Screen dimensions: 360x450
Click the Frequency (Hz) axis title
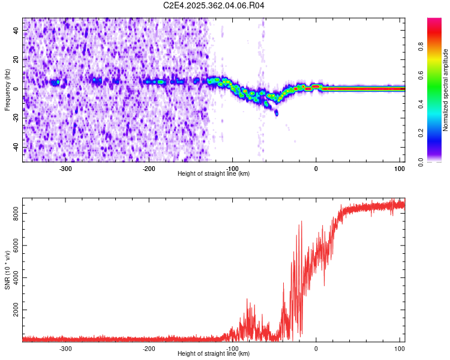click(7, 90)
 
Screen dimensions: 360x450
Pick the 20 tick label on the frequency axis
click(16, 59)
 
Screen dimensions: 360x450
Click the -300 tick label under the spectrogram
click(65, 168)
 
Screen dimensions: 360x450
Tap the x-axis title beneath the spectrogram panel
click(214, 174)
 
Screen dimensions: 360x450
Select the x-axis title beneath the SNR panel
click(214, 354)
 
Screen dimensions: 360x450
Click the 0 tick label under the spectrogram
click(316, 168)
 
